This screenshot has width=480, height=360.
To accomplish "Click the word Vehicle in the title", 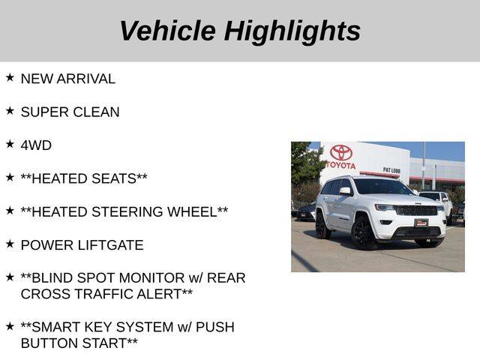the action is click(x=168, y=31).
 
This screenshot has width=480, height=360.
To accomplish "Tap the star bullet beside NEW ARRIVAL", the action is click(x=10, y=77).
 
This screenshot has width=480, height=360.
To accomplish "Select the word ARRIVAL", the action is click(x=86, y=79).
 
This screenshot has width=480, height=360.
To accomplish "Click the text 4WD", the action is click(x=36, y=145).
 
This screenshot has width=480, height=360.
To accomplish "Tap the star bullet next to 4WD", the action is click(x=10, y=144).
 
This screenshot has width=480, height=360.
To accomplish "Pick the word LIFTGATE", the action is click(x=110, y=245).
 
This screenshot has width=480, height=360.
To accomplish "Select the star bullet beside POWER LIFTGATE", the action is click(x=10, y=244).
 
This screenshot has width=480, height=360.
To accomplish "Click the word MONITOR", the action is click(x=151, y=278).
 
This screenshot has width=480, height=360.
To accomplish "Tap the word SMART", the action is click(x=56, y=327).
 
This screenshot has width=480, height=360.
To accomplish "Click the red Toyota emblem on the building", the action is click(x=341, y=153).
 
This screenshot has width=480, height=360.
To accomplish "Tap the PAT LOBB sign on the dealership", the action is click(x=391, y=170).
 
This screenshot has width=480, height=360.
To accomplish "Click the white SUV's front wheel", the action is click(x=363, y=233).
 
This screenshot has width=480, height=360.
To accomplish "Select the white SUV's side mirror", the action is click(x=345, y=191).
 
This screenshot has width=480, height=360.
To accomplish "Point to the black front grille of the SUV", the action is click(x=415, y=211).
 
